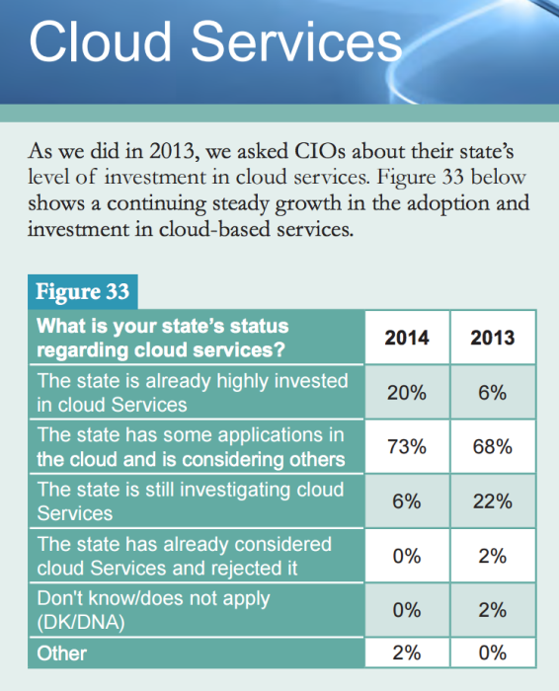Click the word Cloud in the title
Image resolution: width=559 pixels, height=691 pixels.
(100, 41)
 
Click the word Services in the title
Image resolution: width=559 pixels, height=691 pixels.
(296, 41)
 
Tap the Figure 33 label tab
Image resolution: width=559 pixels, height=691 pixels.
(82, 292)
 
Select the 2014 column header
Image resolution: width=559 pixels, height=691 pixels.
(407, 338)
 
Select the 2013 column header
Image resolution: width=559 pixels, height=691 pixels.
(493, 338)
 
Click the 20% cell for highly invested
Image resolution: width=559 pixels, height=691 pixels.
(407, 392)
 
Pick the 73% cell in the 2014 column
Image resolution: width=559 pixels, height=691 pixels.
(407, 446)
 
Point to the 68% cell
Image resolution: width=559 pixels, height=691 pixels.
(493, 446)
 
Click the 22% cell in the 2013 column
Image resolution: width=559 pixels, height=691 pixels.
(493, 501)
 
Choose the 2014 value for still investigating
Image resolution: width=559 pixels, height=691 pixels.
(407, 501)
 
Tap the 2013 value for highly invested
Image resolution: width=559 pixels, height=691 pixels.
(493, 392)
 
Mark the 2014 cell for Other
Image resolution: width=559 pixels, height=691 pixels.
(407, 653)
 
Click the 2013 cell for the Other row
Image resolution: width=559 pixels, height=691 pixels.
(493, 653)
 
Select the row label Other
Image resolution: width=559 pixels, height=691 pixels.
(61, 653)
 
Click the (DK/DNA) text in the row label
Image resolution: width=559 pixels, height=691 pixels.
(81, 622)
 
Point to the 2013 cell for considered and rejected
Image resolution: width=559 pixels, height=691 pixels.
(493, 556)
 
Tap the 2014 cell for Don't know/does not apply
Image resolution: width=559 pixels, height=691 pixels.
(407, 610)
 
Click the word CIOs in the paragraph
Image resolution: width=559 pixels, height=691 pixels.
(320, 151)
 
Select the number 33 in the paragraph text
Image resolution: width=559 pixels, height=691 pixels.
(452, 177)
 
